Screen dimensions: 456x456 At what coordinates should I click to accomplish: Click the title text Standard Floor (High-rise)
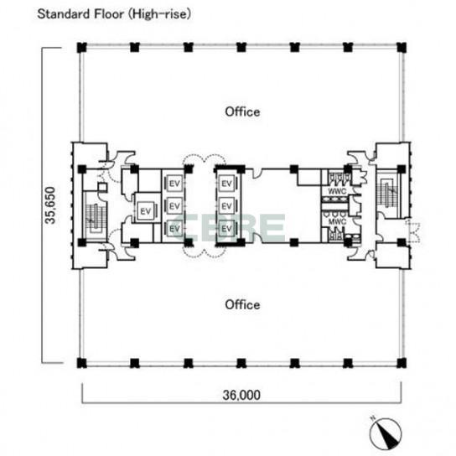coord(114,14)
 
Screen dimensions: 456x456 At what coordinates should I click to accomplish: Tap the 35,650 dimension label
coord(50,205)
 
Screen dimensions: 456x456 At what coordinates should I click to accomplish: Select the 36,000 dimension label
coord(241,395)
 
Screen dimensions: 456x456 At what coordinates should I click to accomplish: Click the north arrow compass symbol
coord(386,433)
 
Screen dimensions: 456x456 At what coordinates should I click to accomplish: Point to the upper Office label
coord(242,111)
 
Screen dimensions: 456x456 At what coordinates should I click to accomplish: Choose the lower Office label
coord(242,304)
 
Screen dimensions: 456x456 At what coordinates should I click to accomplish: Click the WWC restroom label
coord(337,191)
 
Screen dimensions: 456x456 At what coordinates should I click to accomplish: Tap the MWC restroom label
coord(337,221)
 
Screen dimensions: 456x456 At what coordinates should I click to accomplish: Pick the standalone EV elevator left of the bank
coord(145,211)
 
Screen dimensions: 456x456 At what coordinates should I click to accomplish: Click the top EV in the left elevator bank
coord(174,184)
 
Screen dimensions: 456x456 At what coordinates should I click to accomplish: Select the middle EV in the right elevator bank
coord(226,206)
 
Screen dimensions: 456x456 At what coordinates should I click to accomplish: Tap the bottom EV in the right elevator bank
coord(226,229)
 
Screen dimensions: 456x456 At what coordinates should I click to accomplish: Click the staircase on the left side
coord(94,217)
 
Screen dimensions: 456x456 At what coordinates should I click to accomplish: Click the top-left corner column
coord(81,48)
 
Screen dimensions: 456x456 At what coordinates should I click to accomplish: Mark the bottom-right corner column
coord(402,363)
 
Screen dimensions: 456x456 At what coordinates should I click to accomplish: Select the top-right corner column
coord(402,48)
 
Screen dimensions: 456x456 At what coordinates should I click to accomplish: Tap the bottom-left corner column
coord(81,363)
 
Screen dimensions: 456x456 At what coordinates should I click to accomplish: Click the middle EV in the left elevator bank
coord(174,206)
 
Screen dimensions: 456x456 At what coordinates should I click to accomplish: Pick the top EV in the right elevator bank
coord(226,184)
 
